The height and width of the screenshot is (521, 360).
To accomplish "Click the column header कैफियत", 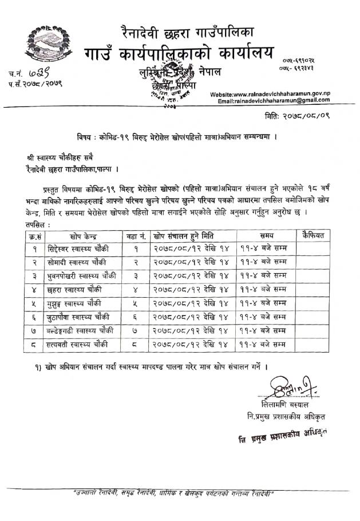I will (x=313, y=235).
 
